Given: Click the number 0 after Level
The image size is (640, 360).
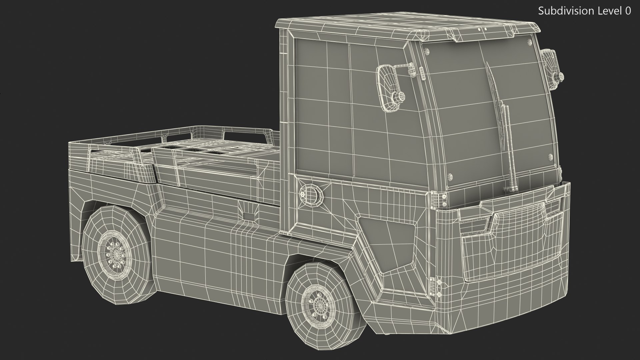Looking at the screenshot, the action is click(628, 11).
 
